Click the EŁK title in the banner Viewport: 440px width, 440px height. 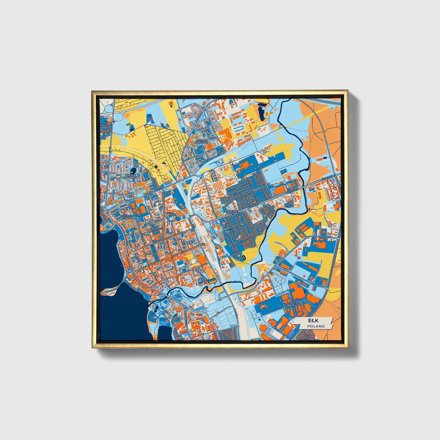[x=313, y=321]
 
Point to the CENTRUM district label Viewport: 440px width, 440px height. [x=151, y=254]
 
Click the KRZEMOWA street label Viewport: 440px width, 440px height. [x=323, y=236]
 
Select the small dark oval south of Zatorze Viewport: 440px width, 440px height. [x=244, y=257]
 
